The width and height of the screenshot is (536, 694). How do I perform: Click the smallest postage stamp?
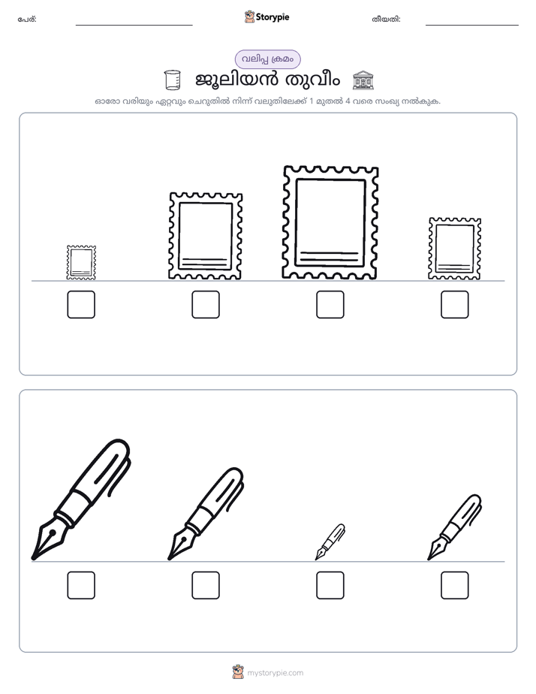coord(81,262)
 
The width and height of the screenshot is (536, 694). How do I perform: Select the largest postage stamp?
coord(330,222)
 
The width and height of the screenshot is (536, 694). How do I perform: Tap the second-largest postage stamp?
coord(206,236)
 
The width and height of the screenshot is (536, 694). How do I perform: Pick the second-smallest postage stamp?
coord(455,249)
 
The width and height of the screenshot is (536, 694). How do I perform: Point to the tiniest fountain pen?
coord(330,542)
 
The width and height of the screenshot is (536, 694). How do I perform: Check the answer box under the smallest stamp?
coord(81,304)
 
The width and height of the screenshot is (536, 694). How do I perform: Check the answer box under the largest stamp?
coord(330,304)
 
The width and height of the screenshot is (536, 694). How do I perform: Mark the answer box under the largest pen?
coord(81,585)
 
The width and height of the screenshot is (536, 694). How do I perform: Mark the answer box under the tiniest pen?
coord(330,585)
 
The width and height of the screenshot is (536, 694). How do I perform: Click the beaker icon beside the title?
coord(172,80)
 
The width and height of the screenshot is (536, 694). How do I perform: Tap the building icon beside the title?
coord(363,80)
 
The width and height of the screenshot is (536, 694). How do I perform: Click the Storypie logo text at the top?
coord(273,17)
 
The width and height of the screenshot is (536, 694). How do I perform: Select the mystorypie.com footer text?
coord(275,673)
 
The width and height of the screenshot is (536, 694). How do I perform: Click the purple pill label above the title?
coord(267,59)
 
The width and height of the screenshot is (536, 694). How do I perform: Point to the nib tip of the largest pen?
coord(32,560)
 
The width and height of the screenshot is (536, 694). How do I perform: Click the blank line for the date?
coord(472,25)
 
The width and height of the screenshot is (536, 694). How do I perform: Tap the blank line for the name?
coord(134,25)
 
